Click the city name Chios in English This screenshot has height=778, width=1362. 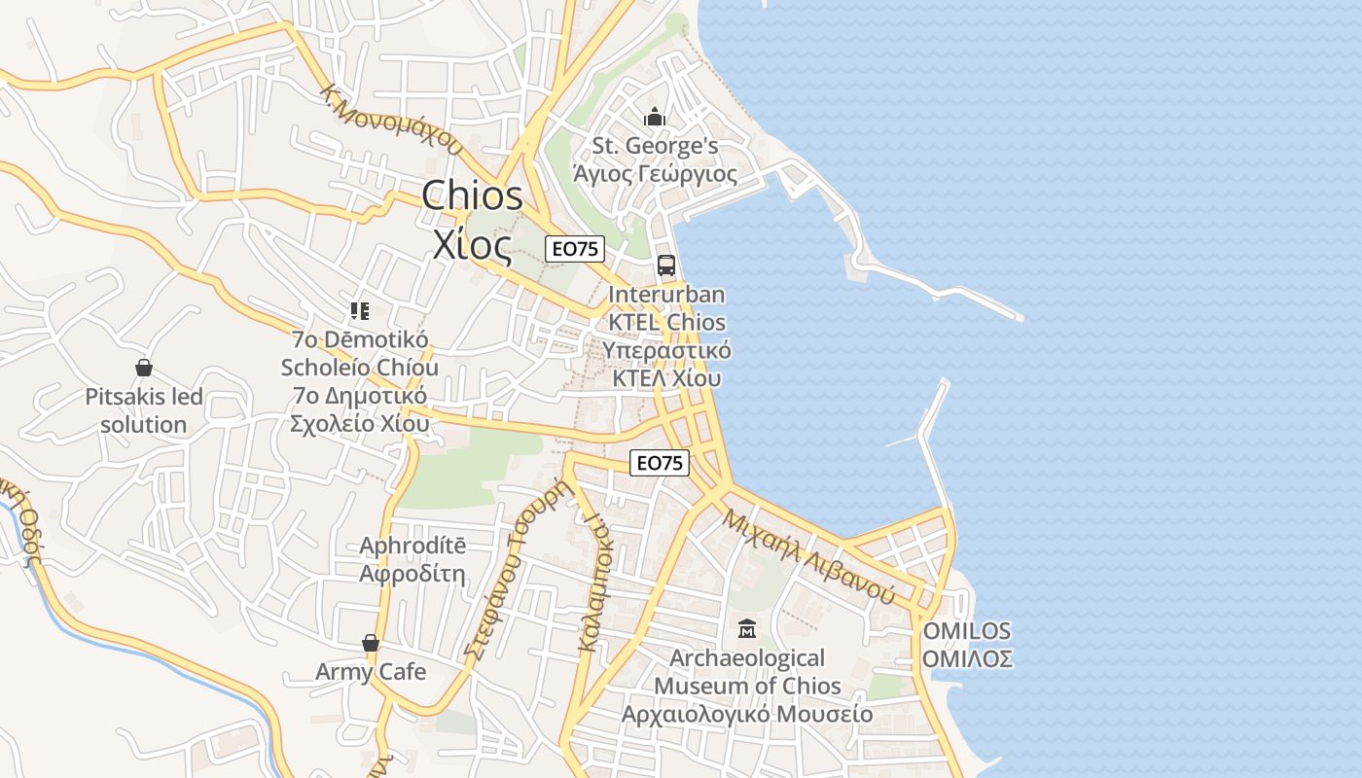pyautogui.click(x=473, y=195)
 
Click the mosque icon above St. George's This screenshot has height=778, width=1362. pyautogui.click(x=655, y=118)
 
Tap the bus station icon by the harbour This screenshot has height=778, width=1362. pyautogui.click(x=666, y=265)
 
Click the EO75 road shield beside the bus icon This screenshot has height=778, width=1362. pyautogui.click(x=574, y=249)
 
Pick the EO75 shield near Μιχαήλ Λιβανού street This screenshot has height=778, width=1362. pyautogui.click(x=660, y=463)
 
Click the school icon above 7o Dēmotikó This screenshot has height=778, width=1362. pyautogui.click(x=360, y=311)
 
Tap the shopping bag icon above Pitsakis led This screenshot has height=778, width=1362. pyautogui.click(x=144, y=368)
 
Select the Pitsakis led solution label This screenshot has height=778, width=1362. pyautogui.click(x=144, y=410)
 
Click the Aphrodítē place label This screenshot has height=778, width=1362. pyautogui.click(x=412, y=559)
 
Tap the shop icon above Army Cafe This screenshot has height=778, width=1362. pyautogui.click(x=370, y=643)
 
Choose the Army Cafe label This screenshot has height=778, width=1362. pyautogui.click(x=371, y=671)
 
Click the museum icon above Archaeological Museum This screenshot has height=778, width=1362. pyautogui.click(x=746, y=629)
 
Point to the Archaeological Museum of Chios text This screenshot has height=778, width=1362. pyautogui.click(x=747, y=686)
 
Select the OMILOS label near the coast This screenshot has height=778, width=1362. pyautogui.click(x=967, y=644)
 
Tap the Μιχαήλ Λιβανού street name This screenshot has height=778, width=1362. pyautogui.click(x=807, y=555)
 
